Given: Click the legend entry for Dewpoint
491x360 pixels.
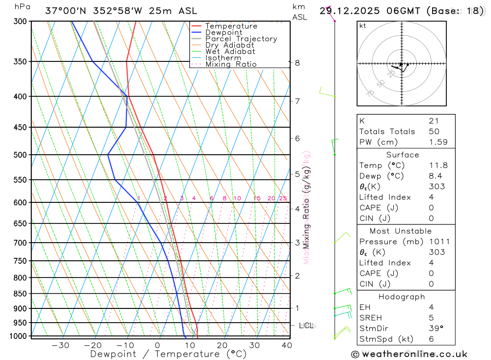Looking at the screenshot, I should [x=224, y=32].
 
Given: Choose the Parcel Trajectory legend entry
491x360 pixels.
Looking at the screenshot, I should [x=241, y=39].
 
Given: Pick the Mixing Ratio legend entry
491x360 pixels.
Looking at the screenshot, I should [x=231, y=64].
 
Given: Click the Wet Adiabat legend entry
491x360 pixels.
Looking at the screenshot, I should [x=230, y=52].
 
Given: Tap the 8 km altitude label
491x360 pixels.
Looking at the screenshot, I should [x=298, y=63].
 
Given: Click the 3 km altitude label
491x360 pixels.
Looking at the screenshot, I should [x=298, y=243].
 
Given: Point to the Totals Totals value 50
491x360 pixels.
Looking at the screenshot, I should [x=433, y=132].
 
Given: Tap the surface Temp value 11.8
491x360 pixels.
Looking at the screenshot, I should [x=438, y=166].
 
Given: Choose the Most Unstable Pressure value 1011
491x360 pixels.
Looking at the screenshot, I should [x=438, y=242].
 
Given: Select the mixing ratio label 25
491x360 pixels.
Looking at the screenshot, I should [x=283, y=198].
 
